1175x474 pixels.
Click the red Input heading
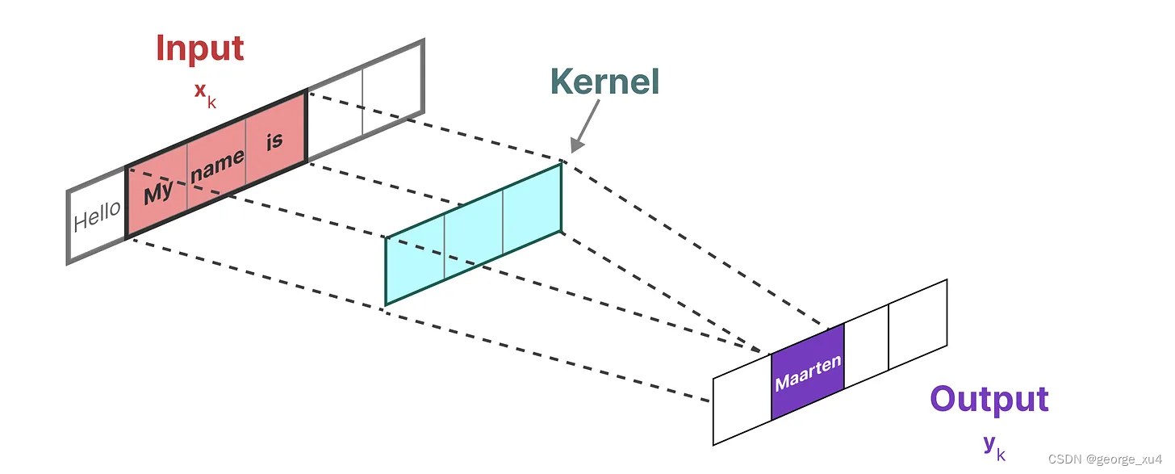(x=199, y=48)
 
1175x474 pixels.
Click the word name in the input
(x=217, y=166)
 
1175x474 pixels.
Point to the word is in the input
(x=275, y=141)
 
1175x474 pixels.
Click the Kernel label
(x=604, y=82)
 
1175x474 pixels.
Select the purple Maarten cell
(x=808, y=372)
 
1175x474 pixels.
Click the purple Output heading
(x=989, y=399)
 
